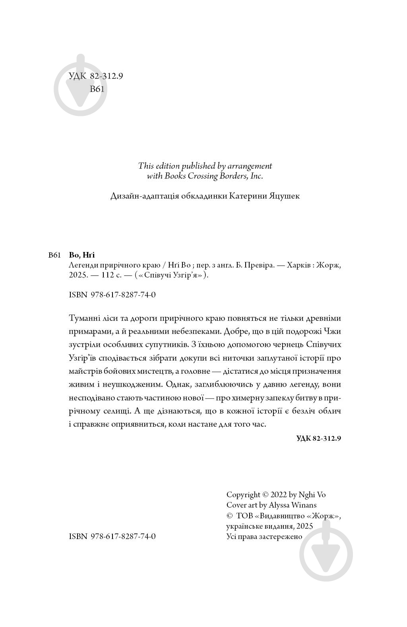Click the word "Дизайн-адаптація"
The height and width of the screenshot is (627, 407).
click(139, 196)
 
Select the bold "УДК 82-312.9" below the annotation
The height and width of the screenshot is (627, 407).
click(319, 438)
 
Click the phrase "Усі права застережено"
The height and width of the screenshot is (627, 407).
click(264, 537)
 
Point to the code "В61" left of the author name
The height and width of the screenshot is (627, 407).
click(54, 255)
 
